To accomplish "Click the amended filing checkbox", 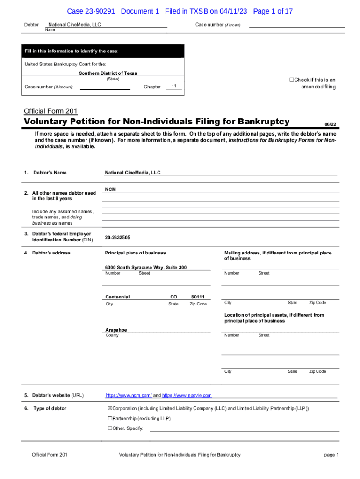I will click(x=292, y=80).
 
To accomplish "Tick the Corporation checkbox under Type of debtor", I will click(x=110, y=408).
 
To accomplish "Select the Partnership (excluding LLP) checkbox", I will click(x=110, y=418).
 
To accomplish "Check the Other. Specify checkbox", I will click(x=110, y=428).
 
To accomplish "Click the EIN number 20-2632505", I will click(x=117, y=238).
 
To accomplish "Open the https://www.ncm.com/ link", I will click(x=129, y=395).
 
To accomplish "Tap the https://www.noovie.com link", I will click(x=187, y=395).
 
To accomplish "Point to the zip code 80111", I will click(x=198, y=297).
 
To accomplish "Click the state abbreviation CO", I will click(x=173, y=297).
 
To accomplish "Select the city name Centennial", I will click(x=117, y=297).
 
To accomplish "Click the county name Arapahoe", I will click(x=116, y=330).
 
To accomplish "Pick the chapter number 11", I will click(x=174, y=86).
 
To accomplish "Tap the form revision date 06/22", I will click(x=331, y=124).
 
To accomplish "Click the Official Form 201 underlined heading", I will click(x=50, y=111).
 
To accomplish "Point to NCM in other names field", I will click(x=110, y=189).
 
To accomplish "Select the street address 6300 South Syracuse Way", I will click(x=146, y=267).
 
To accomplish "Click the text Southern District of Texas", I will click(x=108, y=73).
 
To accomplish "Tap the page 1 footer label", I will click(x=331, y=455).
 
